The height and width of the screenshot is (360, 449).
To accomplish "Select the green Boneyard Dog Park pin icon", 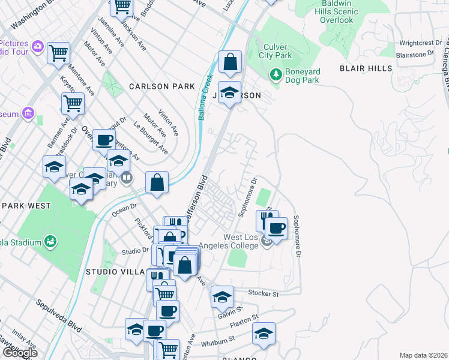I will click(276, 75).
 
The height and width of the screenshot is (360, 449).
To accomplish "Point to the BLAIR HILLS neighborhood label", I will click(366, 68).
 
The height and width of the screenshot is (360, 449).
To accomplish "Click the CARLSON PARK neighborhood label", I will click(162, 86).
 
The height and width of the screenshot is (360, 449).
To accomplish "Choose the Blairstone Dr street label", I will click(415, 54).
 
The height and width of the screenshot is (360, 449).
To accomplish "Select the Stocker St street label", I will click(264, 294).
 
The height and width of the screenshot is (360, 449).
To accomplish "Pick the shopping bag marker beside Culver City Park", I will click(229, 61).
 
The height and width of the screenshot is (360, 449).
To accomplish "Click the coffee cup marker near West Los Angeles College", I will click(276, 228).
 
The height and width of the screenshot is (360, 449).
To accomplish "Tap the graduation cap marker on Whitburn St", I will click(263, 334).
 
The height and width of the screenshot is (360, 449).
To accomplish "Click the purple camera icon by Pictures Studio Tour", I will click(37, 46).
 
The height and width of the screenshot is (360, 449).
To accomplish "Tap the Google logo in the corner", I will click(19, 353).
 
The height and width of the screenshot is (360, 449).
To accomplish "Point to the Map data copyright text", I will click(423, 355).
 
